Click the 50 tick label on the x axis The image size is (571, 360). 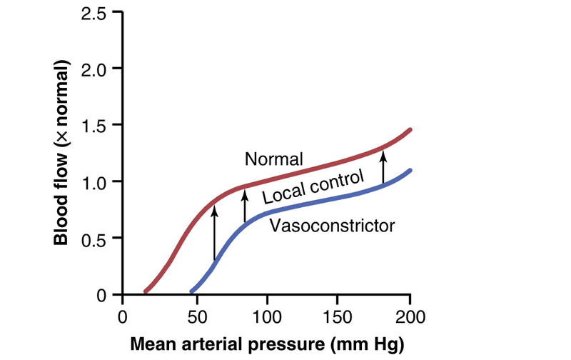point(195,316)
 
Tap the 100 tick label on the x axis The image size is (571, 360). point(266,316)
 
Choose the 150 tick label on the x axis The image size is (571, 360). point(338,316)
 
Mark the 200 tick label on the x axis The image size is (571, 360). point(410,316)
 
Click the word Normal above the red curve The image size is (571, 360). point(274,159)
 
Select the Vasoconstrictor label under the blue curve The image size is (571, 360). point(332,226)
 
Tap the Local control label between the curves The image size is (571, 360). point(314,186)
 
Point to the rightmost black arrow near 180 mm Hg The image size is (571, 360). point(383,164)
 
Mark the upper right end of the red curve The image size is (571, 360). point(410,130)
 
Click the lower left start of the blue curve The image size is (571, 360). point(191,291)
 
